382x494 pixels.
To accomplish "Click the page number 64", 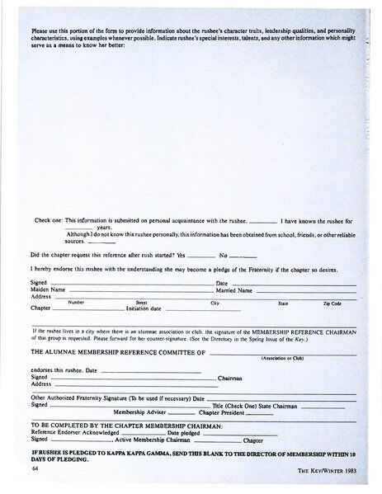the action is (x=35, y=468).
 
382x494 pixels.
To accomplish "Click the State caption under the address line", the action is (x=283, y=303).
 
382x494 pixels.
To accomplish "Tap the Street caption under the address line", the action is (x=141, y=303).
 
